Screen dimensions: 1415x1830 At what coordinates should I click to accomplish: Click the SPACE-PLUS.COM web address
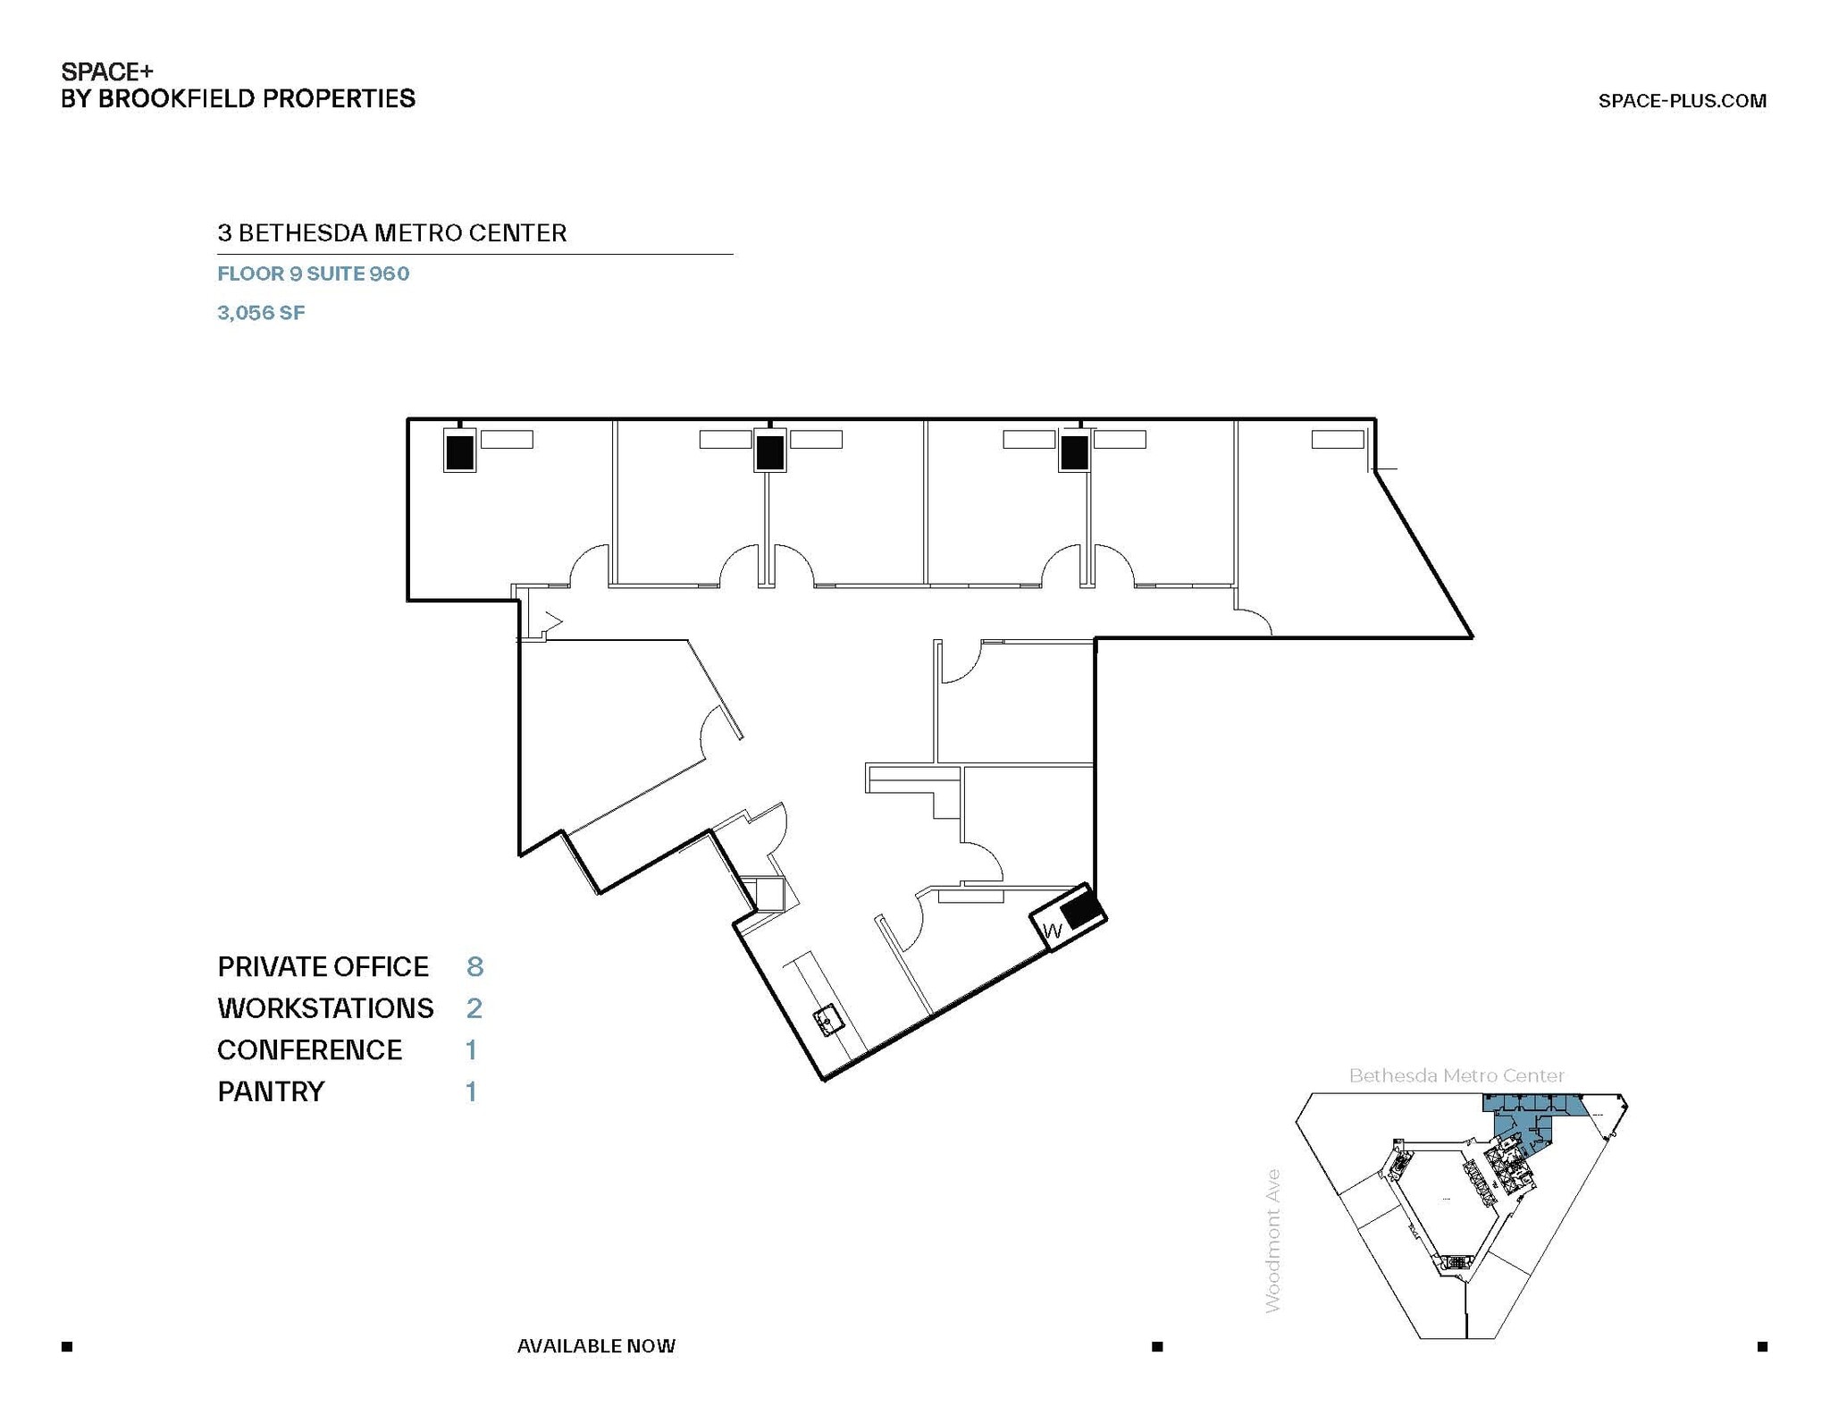[1681, 101]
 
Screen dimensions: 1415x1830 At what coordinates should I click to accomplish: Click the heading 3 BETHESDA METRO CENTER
[391, 233]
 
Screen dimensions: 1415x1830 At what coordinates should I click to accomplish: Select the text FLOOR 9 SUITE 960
[313, 274]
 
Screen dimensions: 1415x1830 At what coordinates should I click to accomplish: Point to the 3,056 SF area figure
[261, 313]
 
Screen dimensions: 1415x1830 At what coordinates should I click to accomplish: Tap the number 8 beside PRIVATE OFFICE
[474, 966]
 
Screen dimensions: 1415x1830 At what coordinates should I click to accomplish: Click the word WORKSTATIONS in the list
[325, 1008]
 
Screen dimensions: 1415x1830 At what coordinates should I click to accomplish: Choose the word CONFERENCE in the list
[309, 1049]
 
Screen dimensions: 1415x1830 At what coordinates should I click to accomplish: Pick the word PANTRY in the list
[271, 1091]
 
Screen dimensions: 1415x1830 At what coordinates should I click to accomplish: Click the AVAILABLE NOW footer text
[596, 1345]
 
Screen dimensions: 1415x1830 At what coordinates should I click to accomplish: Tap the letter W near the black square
[1053, 931]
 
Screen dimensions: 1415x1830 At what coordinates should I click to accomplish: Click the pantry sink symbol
[828, 1020]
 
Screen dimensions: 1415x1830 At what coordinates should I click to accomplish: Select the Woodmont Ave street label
[1273, 1241]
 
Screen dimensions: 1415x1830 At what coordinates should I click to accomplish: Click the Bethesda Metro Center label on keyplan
[1456, 1075]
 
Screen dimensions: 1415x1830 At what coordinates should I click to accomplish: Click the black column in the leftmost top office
[459, 452]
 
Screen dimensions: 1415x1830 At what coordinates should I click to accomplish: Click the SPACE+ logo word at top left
[106, 72]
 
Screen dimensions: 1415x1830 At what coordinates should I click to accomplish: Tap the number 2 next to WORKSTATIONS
[474, 1008]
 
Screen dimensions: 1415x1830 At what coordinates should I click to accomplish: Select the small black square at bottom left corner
[67, 1346]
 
